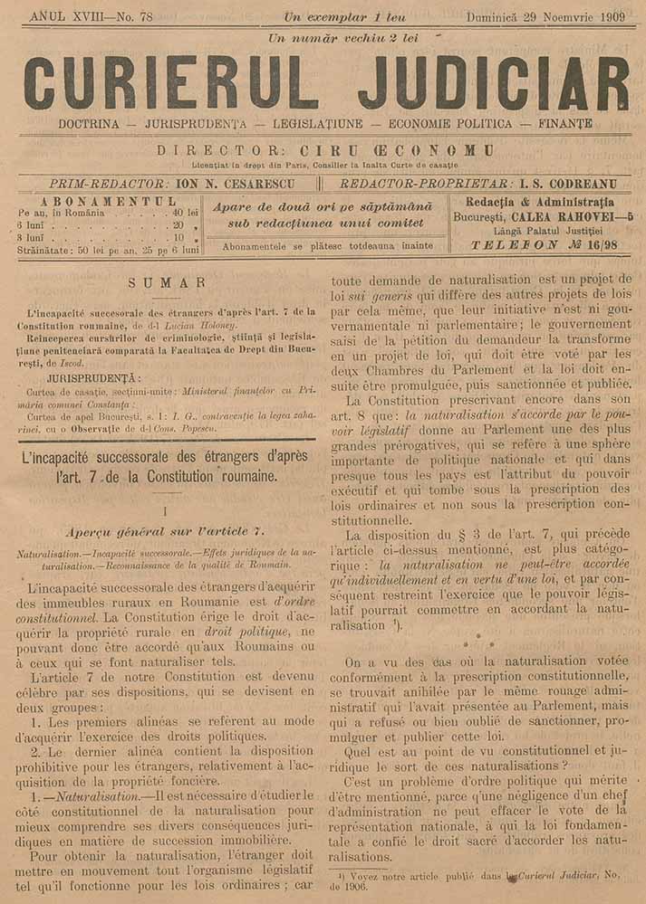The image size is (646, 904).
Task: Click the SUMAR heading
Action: [167, 283]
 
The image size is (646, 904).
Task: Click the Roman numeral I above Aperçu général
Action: [166, 510]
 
